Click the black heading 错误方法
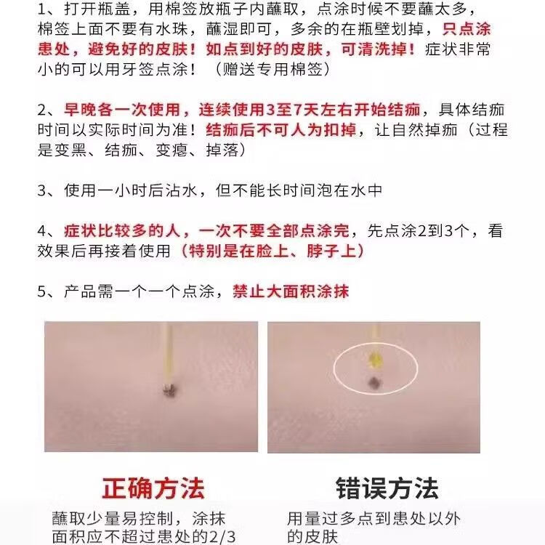pos(387,486)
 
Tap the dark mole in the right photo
pos(376,381)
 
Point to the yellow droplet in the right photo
pos(376,358)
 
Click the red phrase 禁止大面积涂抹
pos(291,291)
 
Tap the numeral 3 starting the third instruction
pos(41,190)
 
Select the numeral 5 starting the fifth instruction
pos(41,291)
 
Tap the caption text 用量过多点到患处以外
pos(374,519)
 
